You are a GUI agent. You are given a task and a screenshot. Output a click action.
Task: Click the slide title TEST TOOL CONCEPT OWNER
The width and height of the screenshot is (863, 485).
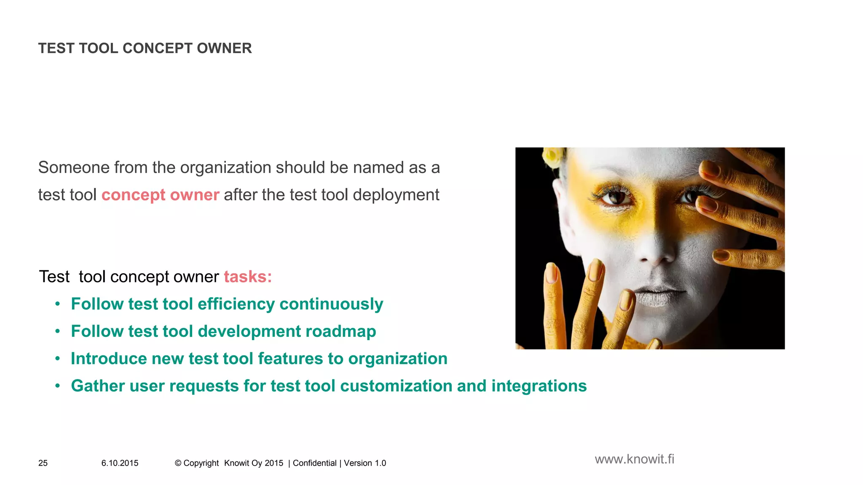[x=145, y=48]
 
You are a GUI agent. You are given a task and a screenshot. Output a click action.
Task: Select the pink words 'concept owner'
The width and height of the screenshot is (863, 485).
[x=160, y=195]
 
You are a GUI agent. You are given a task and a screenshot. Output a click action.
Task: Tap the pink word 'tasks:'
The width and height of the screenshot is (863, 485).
[x=248, y=277]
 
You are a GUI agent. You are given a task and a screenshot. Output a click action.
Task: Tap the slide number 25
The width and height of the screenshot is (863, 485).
[x=43, y=463]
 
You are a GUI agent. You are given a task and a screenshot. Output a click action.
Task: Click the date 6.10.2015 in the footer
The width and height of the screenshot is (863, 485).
[x=120, y=463]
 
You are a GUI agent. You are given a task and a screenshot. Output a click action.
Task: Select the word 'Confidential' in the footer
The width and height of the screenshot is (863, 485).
[x=314, y=463]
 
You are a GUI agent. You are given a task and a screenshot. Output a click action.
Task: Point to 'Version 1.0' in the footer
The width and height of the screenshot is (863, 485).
[x=365, y=463]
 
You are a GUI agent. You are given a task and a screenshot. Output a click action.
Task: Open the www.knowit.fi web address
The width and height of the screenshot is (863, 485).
[x=634, y=459]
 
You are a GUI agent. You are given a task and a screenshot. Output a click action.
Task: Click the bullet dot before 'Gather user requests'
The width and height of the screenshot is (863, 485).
[x=58, y=386]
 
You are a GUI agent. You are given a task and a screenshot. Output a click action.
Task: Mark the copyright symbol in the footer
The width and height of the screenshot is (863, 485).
[x=178, y=463]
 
